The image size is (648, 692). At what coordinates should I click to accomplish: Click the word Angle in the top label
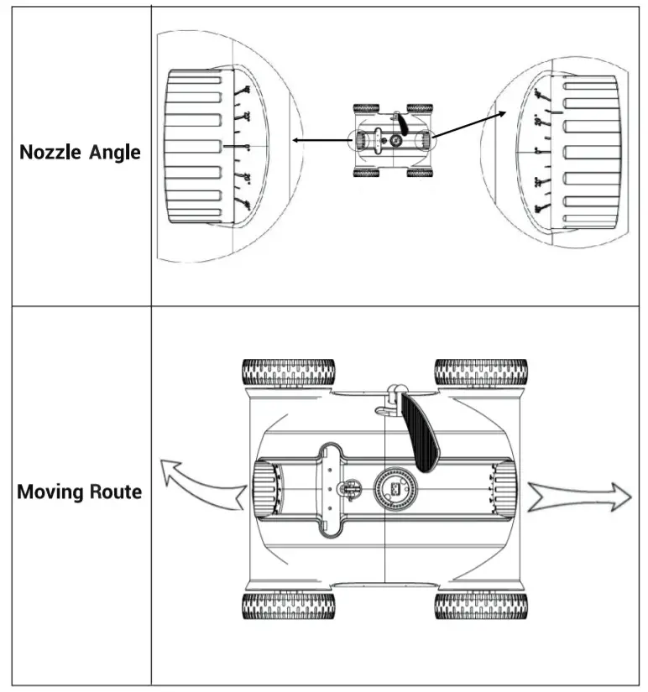click(x=115, y=153)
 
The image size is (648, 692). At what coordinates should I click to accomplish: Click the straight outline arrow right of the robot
click(x=579, y=497)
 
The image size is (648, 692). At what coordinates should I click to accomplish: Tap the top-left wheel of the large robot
click(x=288, y=372)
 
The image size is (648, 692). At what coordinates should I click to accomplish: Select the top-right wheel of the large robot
click(x=481, y=372)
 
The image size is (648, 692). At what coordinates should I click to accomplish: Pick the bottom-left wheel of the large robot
click(x=288, y=606)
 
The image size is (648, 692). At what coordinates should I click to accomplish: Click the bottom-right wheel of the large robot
click(x=481, y=606)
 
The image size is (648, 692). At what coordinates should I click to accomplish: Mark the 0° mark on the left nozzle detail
click(x=246, y=146)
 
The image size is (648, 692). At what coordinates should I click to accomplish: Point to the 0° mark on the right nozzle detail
click(x=540, y=151)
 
